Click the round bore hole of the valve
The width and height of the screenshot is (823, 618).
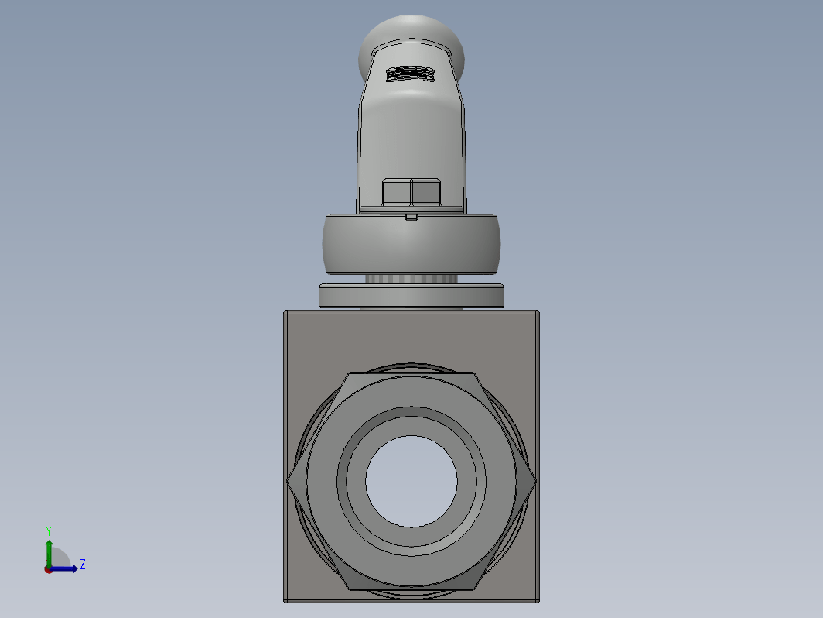click(411, 481)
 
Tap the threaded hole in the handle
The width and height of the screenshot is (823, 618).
click(411, 74)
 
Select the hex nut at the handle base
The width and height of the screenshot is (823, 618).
click(411, 192)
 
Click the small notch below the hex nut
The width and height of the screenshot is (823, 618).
click(411, 217)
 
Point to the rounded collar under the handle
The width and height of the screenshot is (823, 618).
click(411, 244)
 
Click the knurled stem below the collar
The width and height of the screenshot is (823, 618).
click(411, 279)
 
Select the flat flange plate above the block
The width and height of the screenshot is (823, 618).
click(411, 296)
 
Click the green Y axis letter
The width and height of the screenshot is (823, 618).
click(48, 530)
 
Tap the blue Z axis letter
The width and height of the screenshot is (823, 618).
click(83, 565)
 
